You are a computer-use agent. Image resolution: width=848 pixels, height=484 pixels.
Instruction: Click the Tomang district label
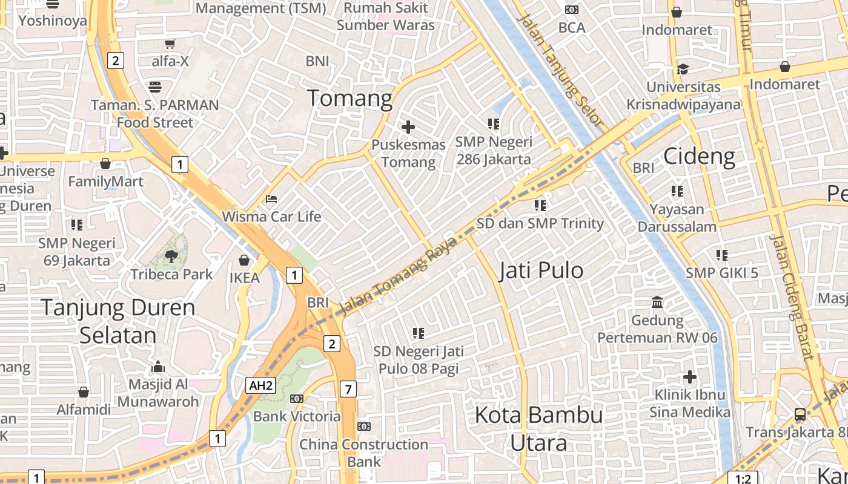[x=350, y=98]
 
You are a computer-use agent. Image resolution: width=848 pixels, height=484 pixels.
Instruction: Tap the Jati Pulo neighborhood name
[x=541, y=270]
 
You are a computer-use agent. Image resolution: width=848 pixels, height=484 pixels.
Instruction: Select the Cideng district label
[x=699, y=157]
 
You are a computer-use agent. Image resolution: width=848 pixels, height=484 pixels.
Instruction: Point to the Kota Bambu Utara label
[x=538, y=428]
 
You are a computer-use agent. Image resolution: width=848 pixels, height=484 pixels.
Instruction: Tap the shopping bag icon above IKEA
[x=244, y=260]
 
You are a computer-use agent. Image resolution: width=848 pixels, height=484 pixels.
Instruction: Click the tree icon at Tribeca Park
[x=171, y=256]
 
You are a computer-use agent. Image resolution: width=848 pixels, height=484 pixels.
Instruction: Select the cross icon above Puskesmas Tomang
[x=408, y=127]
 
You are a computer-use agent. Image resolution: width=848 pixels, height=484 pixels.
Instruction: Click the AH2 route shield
[x=261, y=386]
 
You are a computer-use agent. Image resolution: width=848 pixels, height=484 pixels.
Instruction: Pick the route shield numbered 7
[x=348, y=389]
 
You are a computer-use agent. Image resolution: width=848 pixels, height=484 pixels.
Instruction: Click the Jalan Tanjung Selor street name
[x=561, y=70]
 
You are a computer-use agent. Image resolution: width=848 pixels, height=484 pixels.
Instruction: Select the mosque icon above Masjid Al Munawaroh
[x=158, y=367]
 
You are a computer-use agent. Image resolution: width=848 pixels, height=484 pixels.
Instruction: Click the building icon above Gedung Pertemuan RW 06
[x=657, y=302]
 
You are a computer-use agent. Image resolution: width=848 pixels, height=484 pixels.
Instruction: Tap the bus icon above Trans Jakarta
[x=800, y=414]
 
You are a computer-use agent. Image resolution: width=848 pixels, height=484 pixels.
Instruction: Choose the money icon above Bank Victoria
[x=296, y=398]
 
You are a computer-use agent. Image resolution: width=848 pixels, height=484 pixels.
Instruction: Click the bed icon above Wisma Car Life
[x=271, y=198]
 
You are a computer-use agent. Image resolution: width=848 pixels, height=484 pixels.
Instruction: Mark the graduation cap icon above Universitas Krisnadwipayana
[x=683, y=69]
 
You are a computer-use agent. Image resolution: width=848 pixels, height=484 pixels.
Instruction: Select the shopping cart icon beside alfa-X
[x=170, y=44]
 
